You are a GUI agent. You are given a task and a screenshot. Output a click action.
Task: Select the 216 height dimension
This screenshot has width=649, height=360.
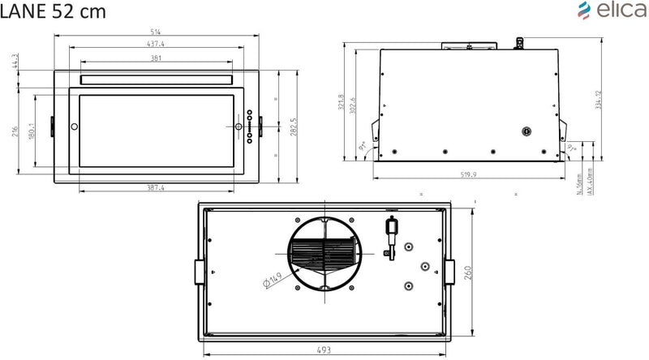15,131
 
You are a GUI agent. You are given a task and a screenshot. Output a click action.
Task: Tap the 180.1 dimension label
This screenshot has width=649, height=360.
32,130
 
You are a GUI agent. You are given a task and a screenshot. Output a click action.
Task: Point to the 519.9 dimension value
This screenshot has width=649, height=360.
471,173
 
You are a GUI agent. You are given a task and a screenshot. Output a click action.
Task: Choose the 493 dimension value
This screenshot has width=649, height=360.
323,349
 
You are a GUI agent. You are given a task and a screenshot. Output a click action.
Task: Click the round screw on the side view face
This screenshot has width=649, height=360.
525,131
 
